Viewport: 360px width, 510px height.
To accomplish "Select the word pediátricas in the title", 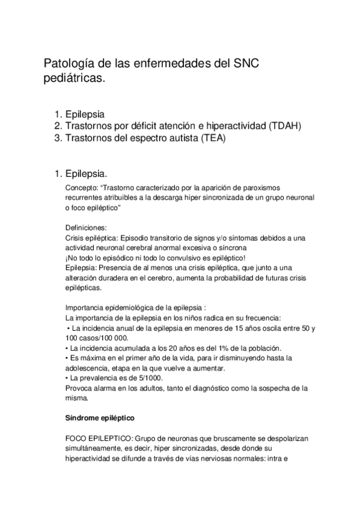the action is [74, 79].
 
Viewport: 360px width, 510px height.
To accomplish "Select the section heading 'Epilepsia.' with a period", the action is [87, 174].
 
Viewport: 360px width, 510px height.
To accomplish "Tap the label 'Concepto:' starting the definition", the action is [79, 188].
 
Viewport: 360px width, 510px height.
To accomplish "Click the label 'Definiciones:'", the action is [85, 227].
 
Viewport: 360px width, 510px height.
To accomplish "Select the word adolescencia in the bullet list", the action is [88, 367].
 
